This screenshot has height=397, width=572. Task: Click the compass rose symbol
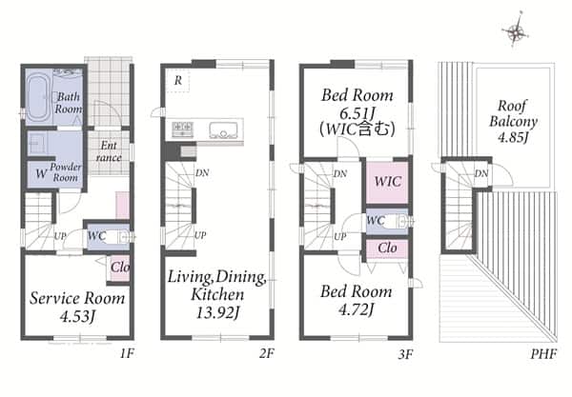click(x=515, y=31)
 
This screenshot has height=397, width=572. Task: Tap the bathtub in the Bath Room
click(x=38, y=96)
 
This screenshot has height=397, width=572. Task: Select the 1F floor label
click(x=128, y=353)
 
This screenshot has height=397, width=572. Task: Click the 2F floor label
click(x=267, y=353)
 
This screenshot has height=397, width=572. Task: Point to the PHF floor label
click(x=543, y=353)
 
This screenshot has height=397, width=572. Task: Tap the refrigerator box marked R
click(x=177, y=80)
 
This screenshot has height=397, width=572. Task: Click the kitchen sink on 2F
click(x=222, y=130)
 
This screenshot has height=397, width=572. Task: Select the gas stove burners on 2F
click(x=182, y=129)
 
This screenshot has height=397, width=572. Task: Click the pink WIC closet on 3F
click(x=387, y=182)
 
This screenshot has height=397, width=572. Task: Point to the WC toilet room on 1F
click(x=108, y=237)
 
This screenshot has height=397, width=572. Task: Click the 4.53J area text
click(x=77, y=316)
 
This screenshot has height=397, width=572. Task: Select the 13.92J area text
click(x=217, y=312)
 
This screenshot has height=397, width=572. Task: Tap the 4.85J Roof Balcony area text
click(x=513, y=138)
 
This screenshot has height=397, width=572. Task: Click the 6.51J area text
click(x=357, y=113)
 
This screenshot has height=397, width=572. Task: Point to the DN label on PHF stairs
click(x=481, y=173)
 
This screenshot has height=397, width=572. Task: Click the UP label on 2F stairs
click(x=200, y=236)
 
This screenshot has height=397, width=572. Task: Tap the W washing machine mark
click(x=41, y=173)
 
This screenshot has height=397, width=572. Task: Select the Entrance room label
click(x=109, y=151)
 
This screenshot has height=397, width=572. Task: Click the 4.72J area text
click(x=356, y=310)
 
